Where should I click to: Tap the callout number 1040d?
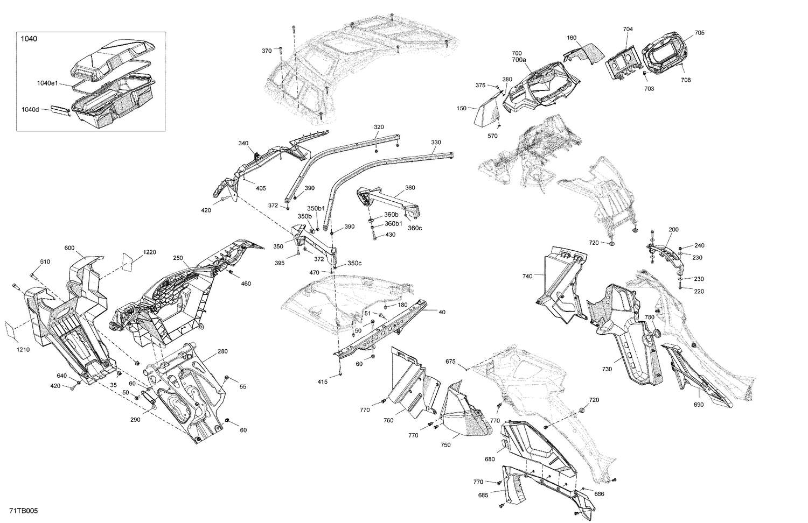pos(30,109)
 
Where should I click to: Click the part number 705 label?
pos(699,33)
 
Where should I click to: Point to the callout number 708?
pos(685,80)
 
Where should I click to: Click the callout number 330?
pos(436,143)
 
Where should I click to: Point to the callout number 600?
pos(69,248)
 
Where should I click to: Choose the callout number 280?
pos(222,351)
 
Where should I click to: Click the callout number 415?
pos(322,382)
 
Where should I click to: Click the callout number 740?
pos(527,276)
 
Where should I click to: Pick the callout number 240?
pos(699,245)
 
